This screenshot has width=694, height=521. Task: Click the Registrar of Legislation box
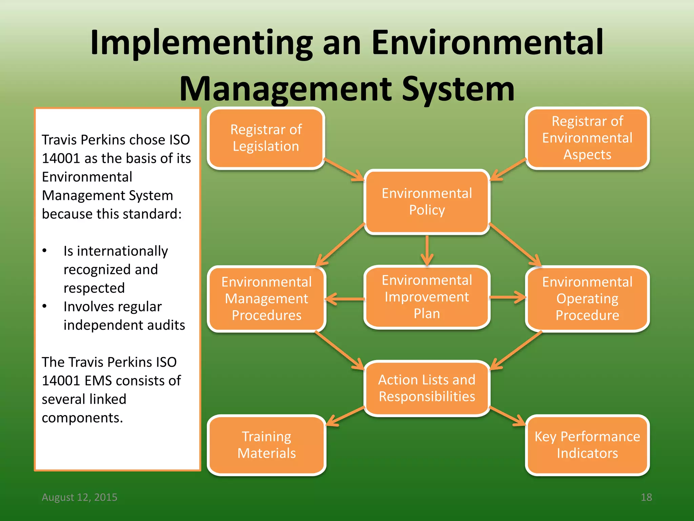pyautogui.click(x=266, y=138)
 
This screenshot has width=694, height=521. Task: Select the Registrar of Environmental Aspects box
pyautogui.click(x=587, y=138)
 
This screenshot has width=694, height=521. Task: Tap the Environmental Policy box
pyautogui.click(x=427, y=201)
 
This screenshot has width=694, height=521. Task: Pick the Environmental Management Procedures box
pyautogui.click(x=266, y=298)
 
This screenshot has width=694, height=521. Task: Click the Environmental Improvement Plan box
pyautogui.click(x=427, y=297)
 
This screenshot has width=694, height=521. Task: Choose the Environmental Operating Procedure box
pyautogui.click(x=587, y=298)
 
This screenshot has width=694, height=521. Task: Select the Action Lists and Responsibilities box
pyautogui.click(x=427, y=388)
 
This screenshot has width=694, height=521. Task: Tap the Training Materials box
pyautogui.click(x=266, y=445)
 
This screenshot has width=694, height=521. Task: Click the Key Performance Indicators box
pyautogui.click(x=587, y=445)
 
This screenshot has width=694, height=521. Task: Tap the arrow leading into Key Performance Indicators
pyautogui.click(x=507, y=416)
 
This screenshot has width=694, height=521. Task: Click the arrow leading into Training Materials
pyautogui.click(x=346, y=416)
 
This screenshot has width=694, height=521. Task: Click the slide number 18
pyautogui.click(x=646, y=497)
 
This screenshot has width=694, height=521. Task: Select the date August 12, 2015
pyautogui.click(x=79, y=497)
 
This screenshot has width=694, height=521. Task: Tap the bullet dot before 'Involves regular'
pyautogui.click(x=44, y=306)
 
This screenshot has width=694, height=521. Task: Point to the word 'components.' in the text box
pyautogui.click(x=82, y=418)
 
